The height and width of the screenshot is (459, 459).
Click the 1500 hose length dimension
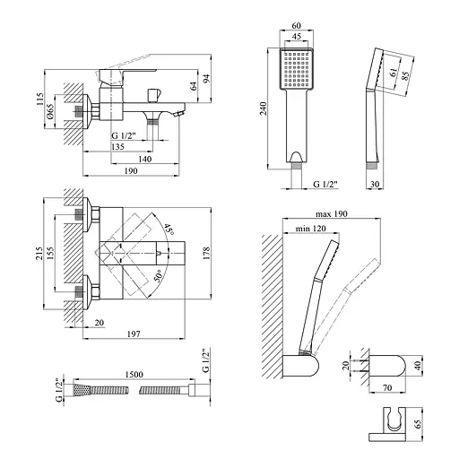coord(134,374)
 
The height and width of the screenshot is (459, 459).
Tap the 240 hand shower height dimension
coord(263,108)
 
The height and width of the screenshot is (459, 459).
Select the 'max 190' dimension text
coord(332,214)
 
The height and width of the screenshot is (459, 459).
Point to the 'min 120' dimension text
coord(311,229)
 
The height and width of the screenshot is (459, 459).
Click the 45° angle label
coord(169,229)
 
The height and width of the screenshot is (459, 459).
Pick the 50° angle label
coord(158,275)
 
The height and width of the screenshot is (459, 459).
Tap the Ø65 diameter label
coord(50,112)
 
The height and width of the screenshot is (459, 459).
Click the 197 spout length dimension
coord(134,333)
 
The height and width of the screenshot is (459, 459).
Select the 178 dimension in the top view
coord(206,253)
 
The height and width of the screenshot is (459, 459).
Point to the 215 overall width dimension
coord(39,253)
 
